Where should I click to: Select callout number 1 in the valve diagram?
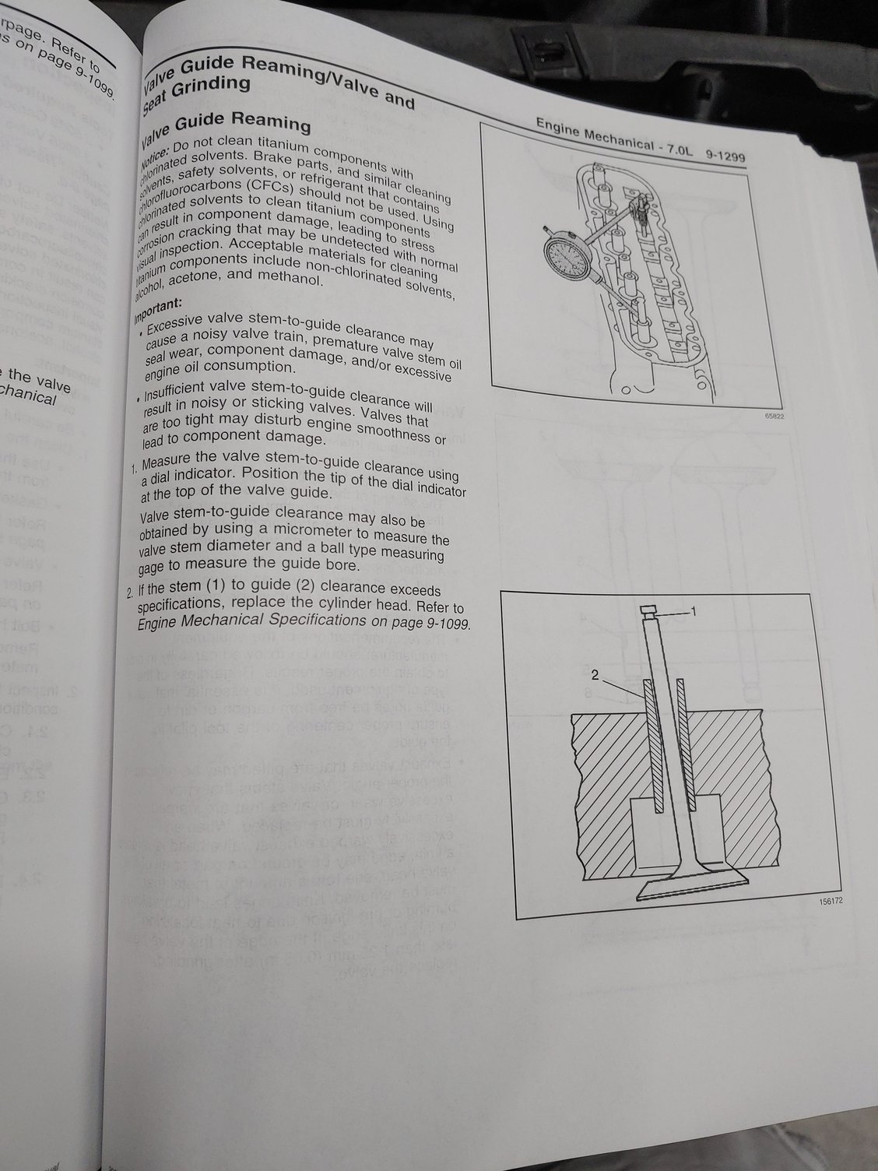point(695,612)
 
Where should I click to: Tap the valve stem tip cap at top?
point(651,612)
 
